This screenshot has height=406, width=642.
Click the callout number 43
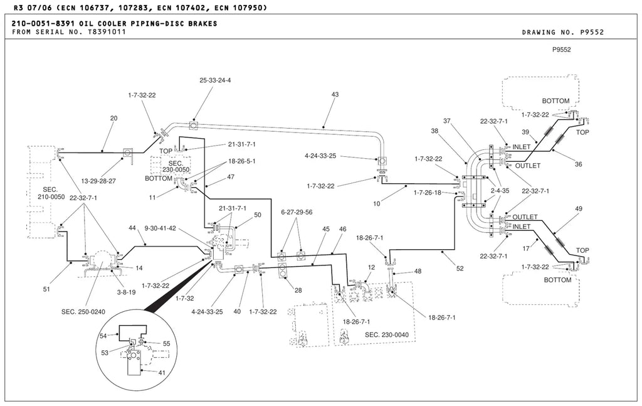pos(335,95)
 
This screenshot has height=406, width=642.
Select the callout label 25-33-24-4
pos(215,80)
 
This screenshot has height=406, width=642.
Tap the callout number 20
pos(114,119)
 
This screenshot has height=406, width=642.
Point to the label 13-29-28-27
pos(98,181)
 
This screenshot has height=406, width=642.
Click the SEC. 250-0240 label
pos(83,312)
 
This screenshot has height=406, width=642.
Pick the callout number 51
pos(46,289)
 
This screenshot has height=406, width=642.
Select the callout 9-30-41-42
pos(160,228)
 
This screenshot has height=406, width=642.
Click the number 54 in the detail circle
pos(103,336)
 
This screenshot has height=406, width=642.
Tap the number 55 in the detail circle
pos(166,344)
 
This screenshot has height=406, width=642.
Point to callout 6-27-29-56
pos(297,212)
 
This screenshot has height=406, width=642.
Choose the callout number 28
pos(298,291)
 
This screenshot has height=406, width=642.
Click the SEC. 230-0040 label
pos(386,334)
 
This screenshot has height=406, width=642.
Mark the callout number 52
pos(460,269)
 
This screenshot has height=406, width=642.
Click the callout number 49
pos(578,209)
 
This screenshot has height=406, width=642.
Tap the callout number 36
pos(578,164)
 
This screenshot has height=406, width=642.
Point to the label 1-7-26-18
pos(428,193)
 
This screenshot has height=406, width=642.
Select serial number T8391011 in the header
pos(107,32)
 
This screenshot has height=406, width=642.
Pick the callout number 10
pos(377,203)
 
